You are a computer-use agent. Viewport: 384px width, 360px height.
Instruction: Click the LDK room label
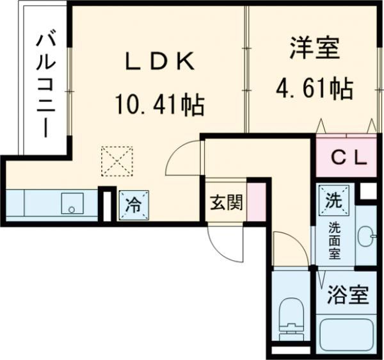pyautogui.click(x=158, y=62)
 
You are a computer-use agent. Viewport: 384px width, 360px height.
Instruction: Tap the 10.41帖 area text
pyautogui.click(x=159, y=104)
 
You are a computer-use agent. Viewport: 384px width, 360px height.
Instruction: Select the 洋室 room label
pyautogui.click(x=313, y=50)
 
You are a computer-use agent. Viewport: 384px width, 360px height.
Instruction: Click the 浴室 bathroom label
pyautogui.click(x=348, y=295)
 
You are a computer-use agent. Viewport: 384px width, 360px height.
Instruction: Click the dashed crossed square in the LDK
pyautogui.click(x=117, y=161)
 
